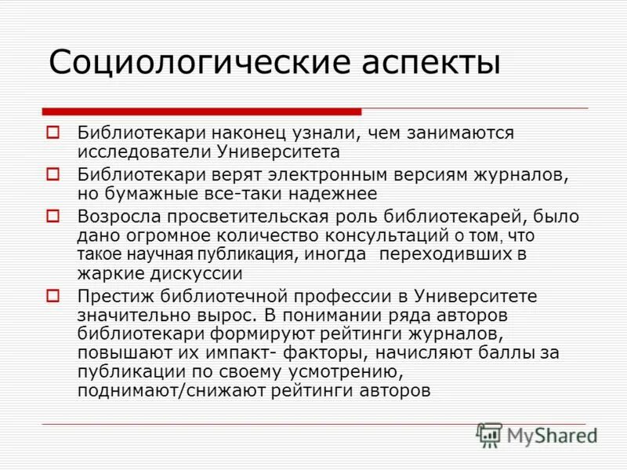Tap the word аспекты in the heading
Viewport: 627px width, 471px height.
[x=430, y=62]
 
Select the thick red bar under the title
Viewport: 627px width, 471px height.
[x=202, y=111]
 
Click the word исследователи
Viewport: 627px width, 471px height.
[x=131, y=151]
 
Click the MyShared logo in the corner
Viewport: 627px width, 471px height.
[x=538, y=434]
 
